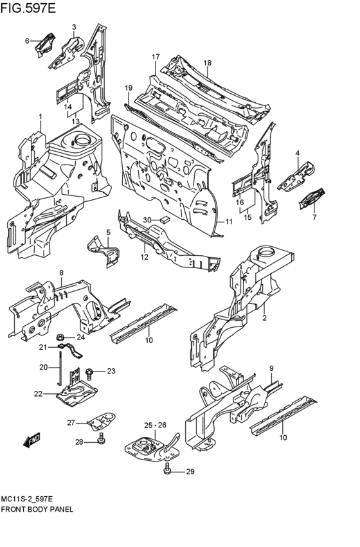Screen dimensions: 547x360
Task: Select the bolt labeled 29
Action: click(x=168, y=472)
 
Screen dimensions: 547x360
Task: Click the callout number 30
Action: click(x=147, y=220)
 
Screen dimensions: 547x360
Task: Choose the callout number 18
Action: click(x=207, y=62)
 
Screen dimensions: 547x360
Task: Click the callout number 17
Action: click(x=155, y=57)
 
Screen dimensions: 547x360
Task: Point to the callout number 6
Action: click(x=27, y=40)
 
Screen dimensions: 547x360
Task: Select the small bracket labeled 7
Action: click(x=312, y=197)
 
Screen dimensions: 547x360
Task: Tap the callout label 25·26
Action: click(x=155, y=425)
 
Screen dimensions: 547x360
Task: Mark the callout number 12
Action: click(x=145, y=257)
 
